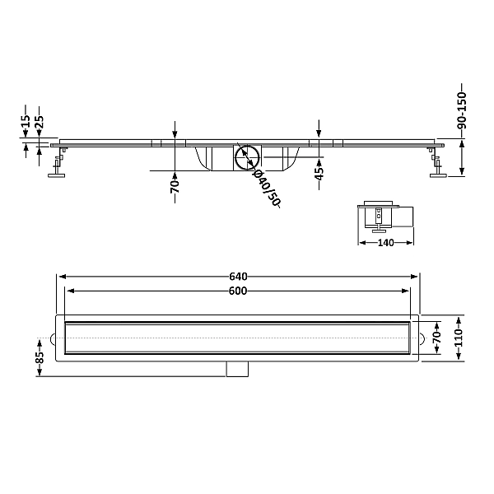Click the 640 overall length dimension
tap(238, 277)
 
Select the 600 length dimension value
tap(238, 291)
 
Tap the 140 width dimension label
tap(386, 243)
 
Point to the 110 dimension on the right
tap(459, 338)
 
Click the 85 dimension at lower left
tap(40, 357)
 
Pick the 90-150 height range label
tap(462, 111)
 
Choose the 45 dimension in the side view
tap(319, 173)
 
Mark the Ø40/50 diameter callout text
tap(267, 189)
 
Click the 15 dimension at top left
tap(26, 121)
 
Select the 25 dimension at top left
tap(40, 122)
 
